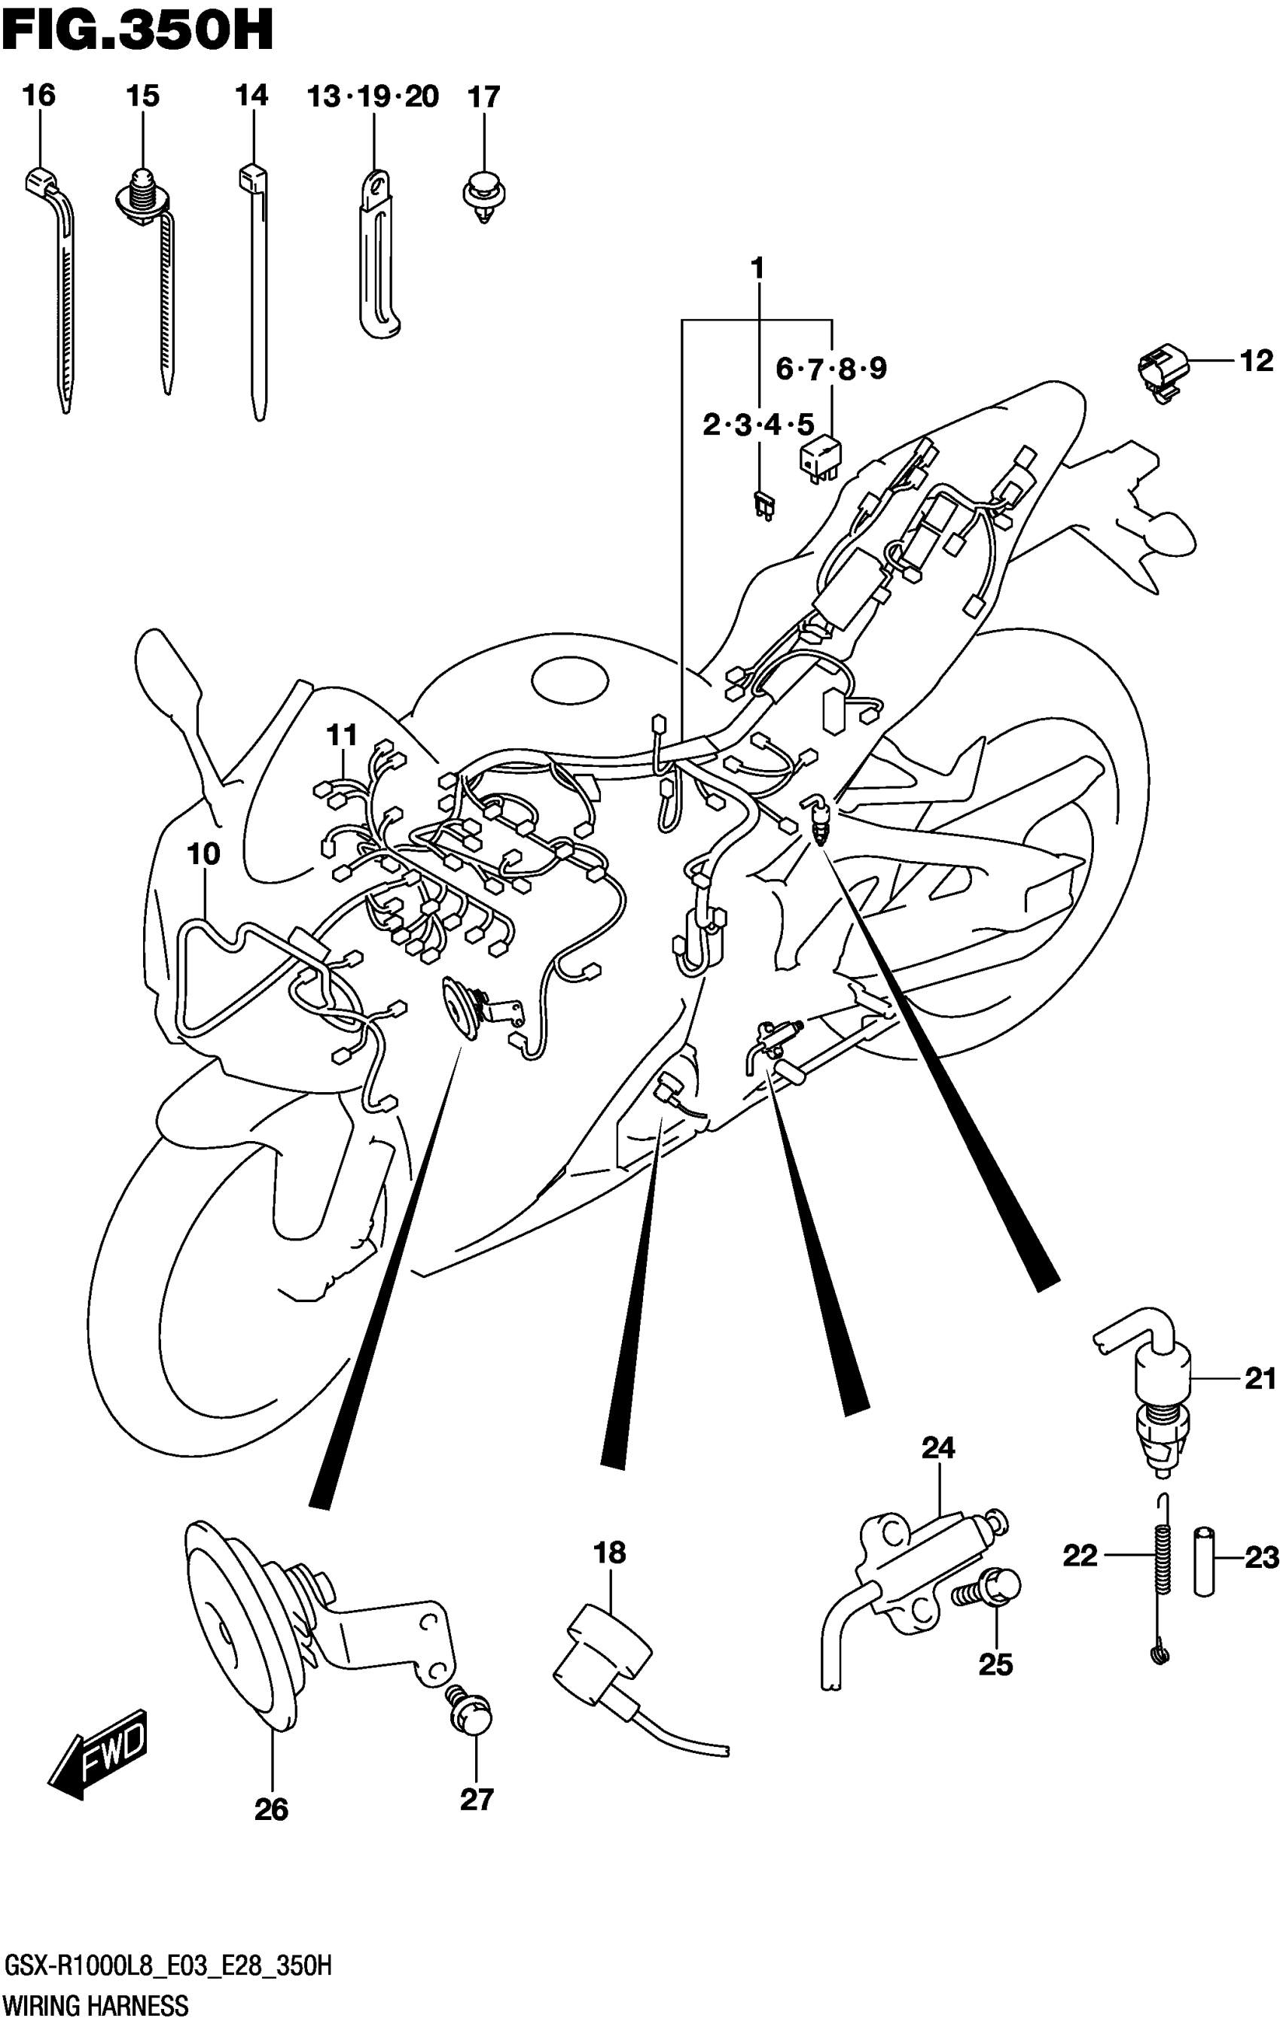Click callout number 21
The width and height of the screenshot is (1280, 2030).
point(1260,1379)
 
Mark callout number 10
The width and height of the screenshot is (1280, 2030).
point(203,854)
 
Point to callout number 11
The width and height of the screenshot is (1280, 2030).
point(343,735)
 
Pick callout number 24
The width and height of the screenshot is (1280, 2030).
point(937,1447)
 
